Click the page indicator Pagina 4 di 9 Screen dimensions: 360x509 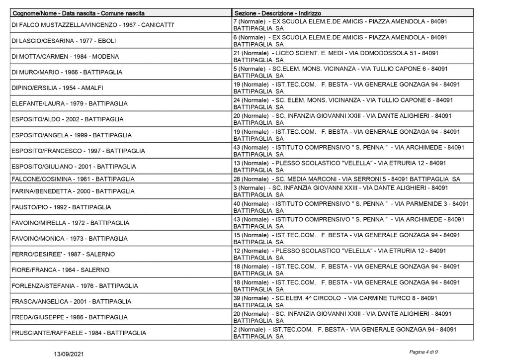click(424, 352)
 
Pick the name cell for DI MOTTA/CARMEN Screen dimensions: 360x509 click(65, 56)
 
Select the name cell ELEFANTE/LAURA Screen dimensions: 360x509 click(69, 103)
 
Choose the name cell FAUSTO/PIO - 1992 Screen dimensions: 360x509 click(61, 207)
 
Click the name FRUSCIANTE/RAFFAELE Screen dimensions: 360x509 click(79, 333)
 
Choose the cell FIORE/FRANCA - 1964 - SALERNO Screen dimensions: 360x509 click(60, 270)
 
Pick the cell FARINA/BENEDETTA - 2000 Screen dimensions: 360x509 click(73, 191)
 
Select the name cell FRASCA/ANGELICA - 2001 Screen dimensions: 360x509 click(71, 301)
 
